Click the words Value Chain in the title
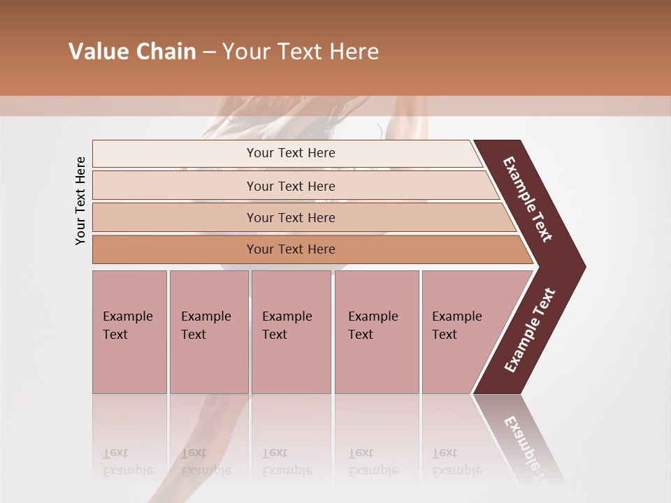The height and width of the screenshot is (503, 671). (x=132, y=52)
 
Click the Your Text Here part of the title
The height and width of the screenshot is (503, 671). (x=301, y=52)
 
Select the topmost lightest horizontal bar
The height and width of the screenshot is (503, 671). (x=175, y=154)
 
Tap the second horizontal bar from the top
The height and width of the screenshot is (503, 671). (x=175, y=186)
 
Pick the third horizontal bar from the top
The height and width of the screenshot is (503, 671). (x=175, y=217)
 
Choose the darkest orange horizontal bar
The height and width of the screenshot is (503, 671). (x=175, y=249)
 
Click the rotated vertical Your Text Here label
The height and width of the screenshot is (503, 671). (x=80, y=201)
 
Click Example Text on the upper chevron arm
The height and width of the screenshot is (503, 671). (x=528, y=199)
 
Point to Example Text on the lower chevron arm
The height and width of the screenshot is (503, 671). (x=530, y=330)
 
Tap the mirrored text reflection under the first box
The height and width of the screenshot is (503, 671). (x=127, y=462)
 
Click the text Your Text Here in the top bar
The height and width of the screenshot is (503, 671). (x=291, y=153)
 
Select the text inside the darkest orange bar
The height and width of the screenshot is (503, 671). (x=291, y=249)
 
